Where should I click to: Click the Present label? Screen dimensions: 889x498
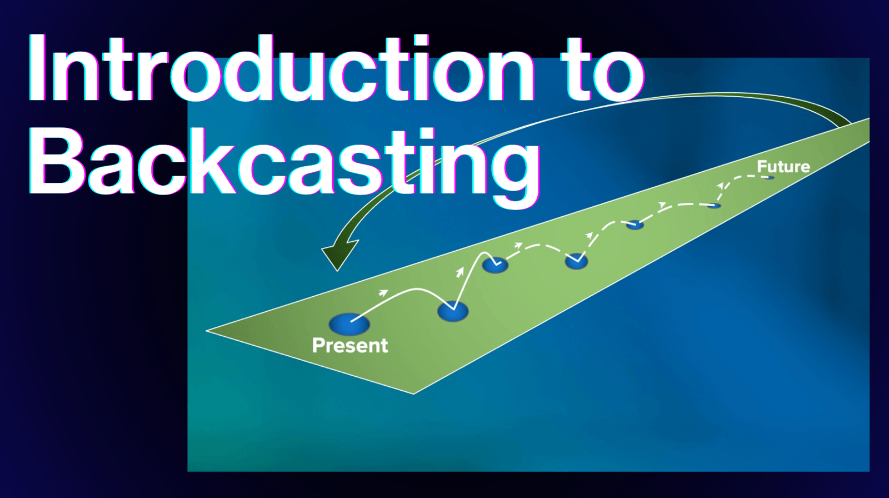(x=350, y=345)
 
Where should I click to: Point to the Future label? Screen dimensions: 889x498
(x=783, y=166)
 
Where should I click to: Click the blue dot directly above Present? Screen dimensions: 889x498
(x=349, y=324)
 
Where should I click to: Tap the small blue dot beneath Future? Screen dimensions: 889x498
(x=769, y=177)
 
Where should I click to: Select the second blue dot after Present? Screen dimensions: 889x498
(x=453, y=311)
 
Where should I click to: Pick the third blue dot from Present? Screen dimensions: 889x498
(x=495, y=265)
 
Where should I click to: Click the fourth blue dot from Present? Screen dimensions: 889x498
(x=576, y=261)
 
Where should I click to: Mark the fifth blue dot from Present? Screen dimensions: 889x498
(x=635, y=225)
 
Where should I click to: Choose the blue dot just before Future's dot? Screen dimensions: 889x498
(x=714, y=205)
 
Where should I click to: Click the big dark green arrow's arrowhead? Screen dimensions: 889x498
(x=339, y=254)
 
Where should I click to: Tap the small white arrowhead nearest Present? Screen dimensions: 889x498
(x=383, y=293)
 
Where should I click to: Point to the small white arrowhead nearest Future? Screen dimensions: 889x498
(x=721, y=186)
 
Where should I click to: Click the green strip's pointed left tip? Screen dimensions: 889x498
(x=206, y=330)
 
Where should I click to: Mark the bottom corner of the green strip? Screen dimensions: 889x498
(x=413, y=394)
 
